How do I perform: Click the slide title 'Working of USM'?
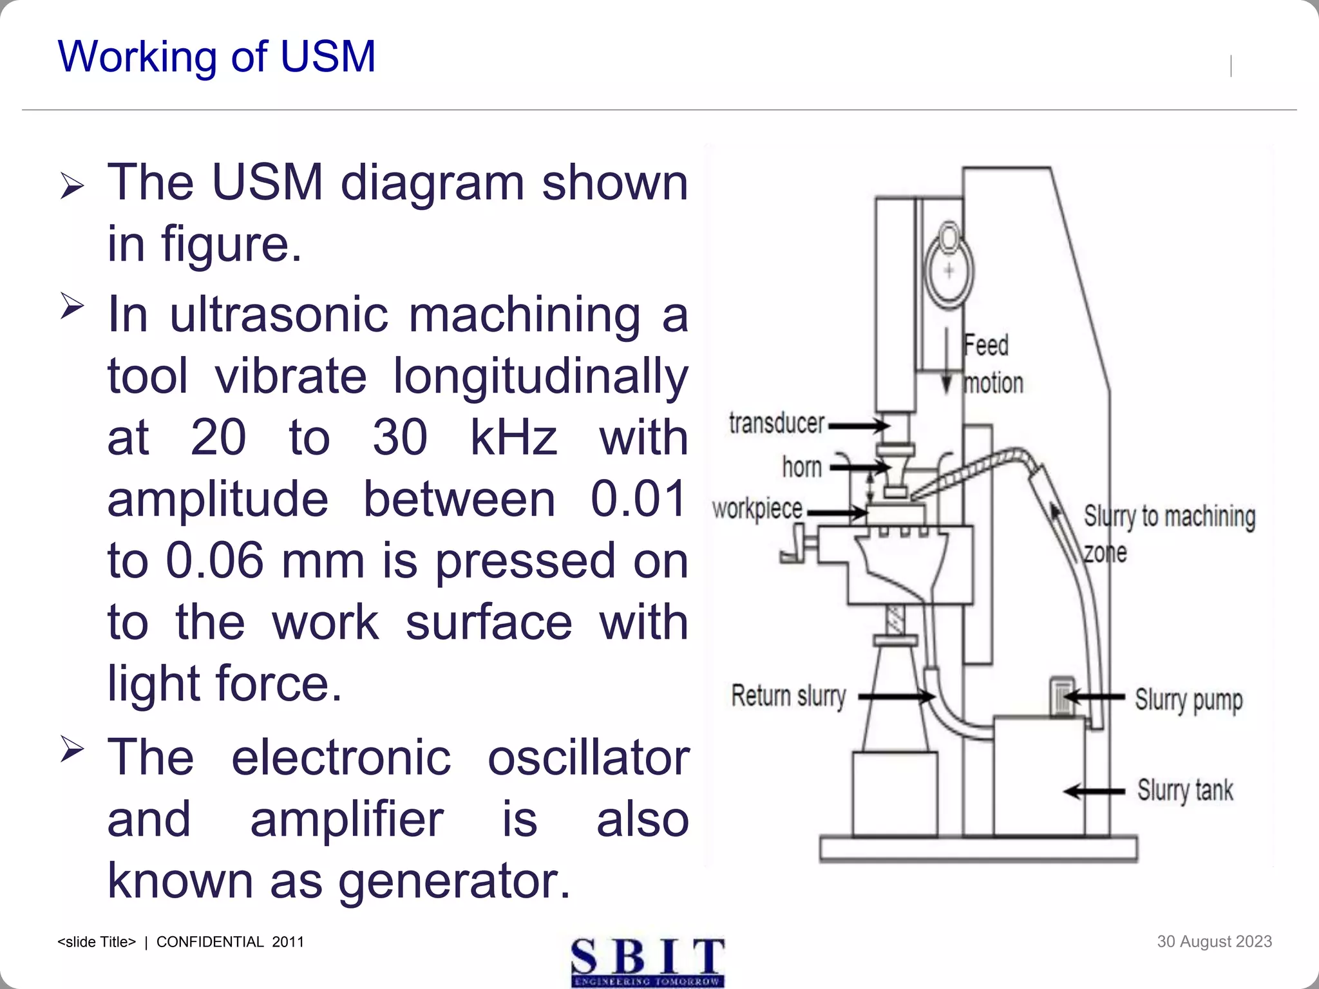pyautogui.click(x=216, y=57)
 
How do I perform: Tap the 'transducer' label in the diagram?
pyautogui.click(x=776, y=424)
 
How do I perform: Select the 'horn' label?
pyautogui.click(x=801, y=467)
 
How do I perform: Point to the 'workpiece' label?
pyautogui.click(x=757, y=509)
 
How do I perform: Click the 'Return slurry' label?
pyautogui.click(x=788, y=696)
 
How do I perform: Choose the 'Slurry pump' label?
pyautogui.click(x=1188, y=700)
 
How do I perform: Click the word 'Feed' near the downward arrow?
pyautogui.click(x=985, y=346)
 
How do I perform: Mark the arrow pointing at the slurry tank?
pyautogui.click(x=1094, y=791)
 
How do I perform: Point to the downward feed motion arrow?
pyautogui.click(x=946, y=361)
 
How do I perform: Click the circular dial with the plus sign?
pyautogui.click(x=949, y=271)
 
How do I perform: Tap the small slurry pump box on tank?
pyautogui.click(x=1062, y=696)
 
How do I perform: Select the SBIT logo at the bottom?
pyautogui.click(x=647, y=962)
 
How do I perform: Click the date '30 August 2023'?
pyautogui.click(x=1214, y=941)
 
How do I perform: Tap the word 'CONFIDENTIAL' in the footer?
pyautogui.click(x=210, y=942)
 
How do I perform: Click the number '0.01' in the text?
pyautogui.click(x=638, y=499)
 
